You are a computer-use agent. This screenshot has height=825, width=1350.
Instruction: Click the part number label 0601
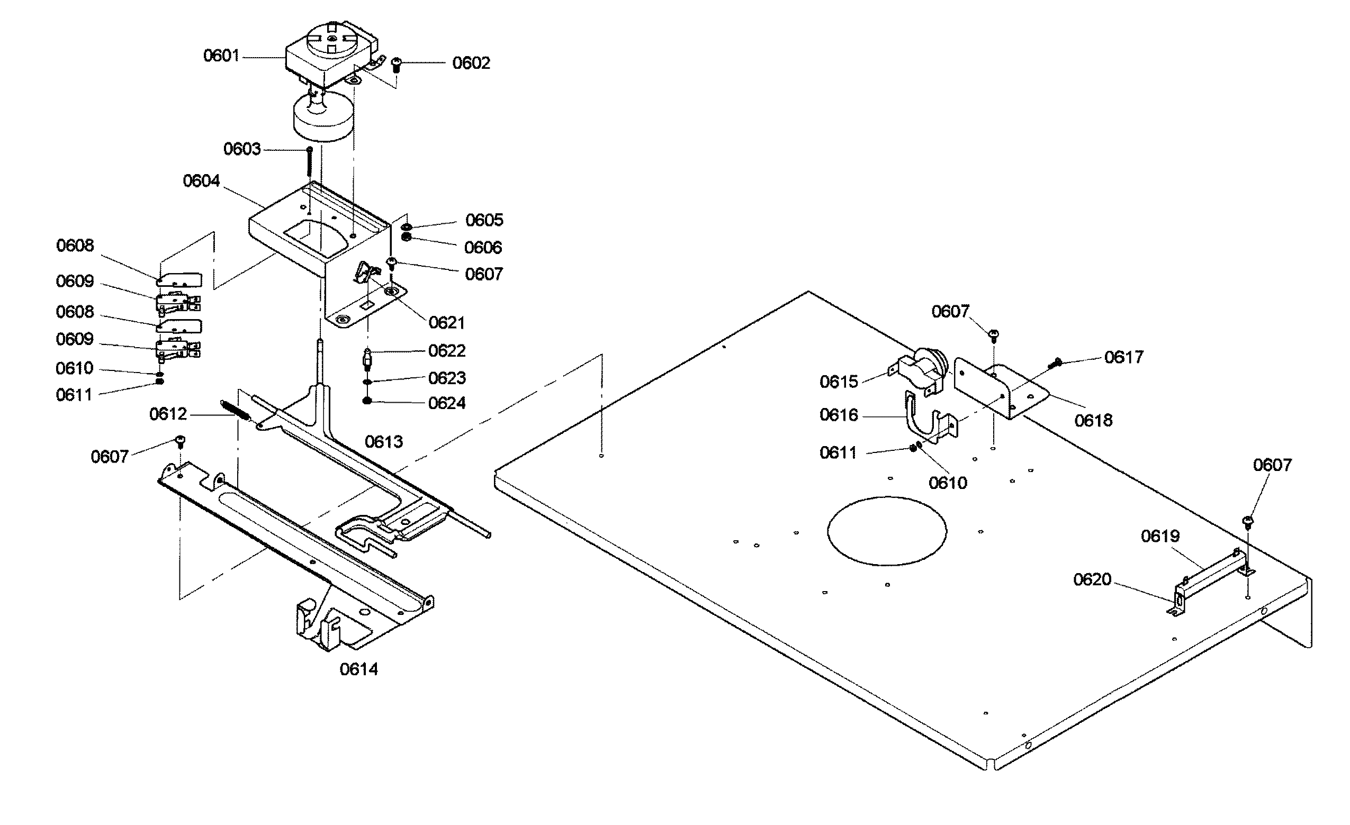point(221,56)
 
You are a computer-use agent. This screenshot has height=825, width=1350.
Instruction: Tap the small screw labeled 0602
point(397,65)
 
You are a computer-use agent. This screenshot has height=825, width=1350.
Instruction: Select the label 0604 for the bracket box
point(201,181)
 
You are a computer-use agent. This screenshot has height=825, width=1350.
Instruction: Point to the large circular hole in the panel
point(886,530)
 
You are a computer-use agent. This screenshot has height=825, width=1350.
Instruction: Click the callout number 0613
point(383,441)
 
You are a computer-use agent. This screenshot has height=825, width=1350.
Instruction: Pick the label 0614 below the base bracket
point(358,669)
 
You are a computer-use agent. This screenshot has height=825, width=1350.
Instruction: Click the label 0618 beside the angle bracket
point(1093,420)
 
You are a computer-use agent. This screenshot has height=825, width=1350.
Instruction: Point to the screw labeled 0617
point(1055,362)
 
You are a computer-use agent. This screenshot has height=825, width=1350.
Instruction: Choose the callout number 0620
point(1092,579)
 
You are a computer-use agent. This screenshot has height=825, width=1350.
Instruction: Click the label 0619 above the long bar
point(1160,536)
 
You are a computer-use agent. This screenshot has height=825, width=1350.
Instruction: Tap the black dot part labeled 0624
point(367,401)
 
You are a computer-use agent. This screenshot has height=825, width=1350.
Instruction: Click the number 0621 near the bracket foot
point(446,323)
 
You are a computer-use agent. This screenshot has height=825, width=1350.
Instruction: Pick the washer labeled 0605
point(407,227)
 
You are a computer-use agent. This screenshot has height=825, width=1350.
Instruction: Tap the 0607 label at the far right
point(1272,465)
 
